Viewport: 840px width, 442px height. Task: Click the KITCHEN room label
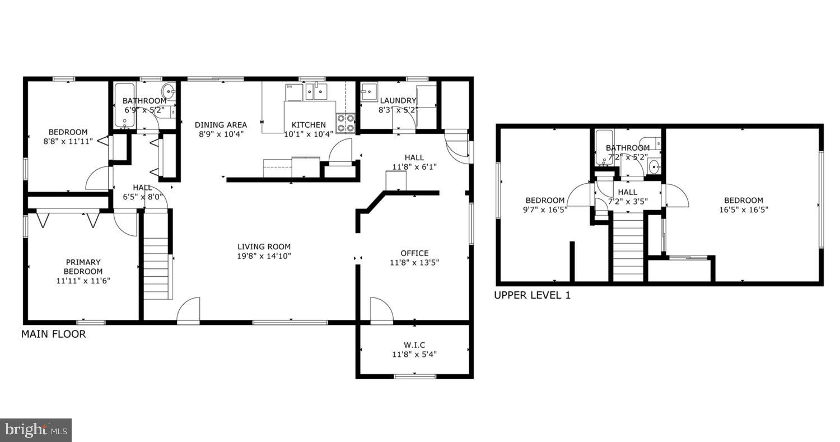tap(309, 125)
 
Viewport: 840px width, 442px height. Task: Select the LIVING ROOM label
tap(264, 246)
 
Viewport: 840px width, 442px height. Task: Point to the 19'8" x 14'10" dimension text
tap(264, 256)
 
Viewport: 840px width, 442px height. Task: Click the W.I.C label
tap(414, 345)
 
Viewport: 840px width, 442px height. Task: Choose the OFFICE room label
tap(414, 253)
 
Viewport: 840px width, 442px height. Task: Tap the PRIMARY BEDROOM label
tap(83, 267)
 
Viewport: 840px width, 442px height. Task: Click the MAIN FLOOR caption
tap(54, 334)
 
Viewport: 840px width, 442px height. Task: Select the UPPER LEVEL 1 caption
tap(532, 295)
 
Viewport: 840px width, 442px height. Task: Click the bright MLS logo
tap(36, 430)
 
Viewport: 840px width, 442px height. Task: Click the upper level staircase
tap(628, 249)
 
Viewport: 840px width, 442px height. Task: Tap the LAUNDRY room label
tap(398, 101)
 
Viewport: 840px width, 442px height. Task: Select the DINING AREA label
tap(221, 125)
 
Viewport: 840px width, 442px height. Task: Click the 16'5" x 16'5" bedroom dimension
tap(744, 210)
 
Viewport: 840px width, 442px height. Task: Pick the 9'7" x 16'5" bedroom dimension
tap(545, 210)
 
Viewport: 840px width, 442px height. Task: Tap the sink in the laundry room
tap(368, 91)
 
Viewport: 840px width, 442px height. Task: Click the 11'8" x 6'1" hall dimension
tap(414, 166)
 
